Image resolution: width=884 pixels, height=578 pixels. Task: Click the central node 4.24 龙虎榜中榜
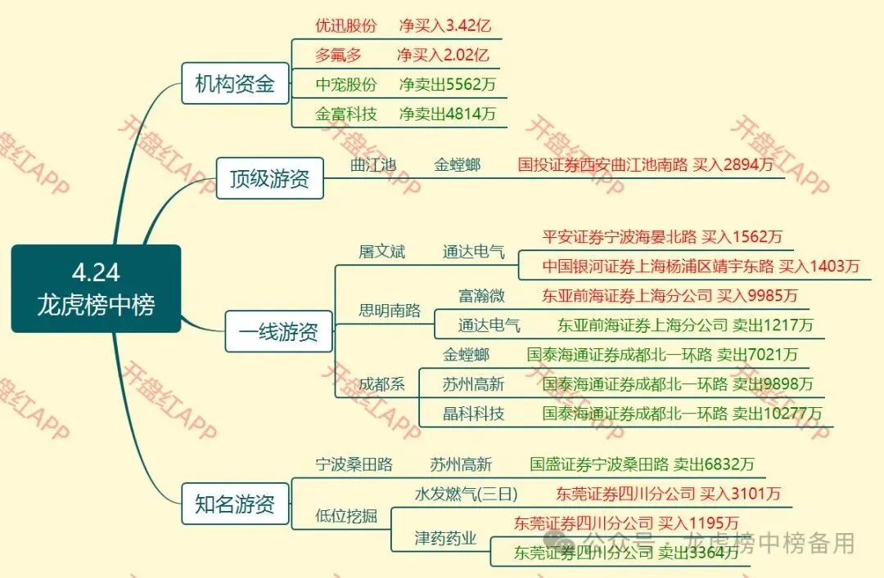96,289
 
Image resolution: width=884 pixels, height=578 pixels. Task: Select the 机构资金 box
235,83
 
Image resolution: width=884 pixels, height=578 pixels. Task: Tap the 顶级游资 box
269,178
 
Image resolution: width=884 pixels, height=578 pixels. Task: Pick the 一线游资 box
279,332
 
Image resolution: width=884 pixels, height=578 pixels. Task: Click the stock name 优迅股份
346,25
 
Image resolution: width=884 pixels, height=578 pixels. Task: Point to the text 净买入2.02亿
443,56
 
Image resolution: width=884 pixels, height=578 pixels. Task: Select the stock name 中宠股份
346,84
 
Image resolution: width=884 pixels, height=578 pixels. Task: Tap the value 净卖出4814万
448,114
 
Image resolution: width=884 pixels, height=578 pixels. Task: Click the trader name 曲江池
372,165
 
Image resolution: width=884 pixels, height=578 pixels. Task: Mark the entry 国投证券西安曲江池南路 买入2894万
646,165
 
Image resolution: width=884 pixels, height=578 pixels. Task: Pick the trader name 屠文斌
381,252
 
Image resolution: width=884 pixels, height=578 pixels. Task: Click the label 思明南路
390,311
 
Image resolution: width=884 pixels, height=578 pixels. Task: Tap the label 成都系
381,384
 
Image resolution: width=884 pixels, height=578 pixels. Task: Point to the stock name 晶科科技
473,414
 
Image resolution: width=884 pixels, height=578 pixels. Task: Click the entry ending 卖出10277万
682,414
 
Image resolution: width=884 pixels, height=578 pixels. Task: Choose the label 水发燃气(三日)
466,494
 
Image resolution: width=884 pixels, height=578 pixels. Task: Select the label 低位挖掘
346,516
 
